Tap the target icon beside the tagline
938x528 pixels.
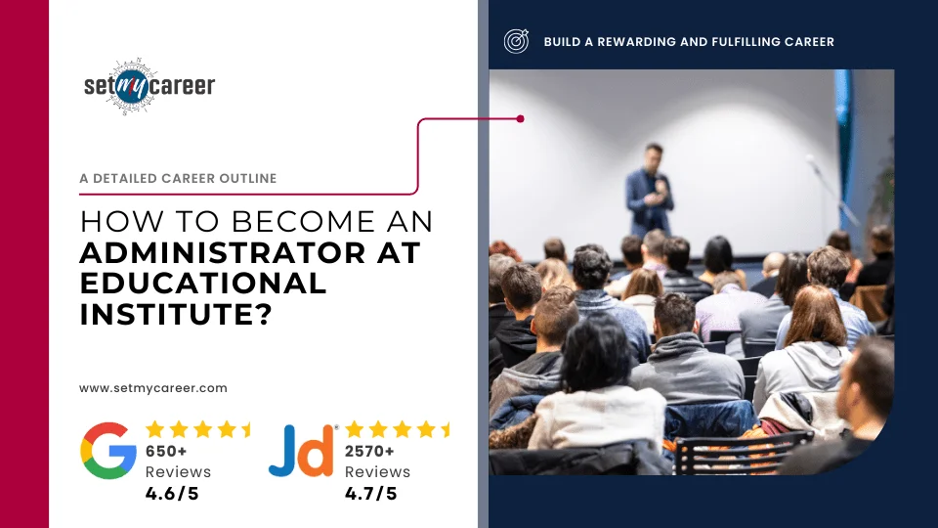(516, 41)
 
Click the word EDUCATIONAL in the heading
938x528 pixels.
(203, 284)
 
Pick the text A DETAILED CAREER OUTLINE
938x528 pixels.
(178, 179)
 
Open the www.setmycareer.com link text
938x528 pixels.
(153, 388)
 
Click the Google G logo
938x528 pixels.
(108, 451)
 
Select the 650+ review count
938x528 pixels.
(166, 452)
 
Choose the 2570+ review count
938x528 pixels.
(369, 452)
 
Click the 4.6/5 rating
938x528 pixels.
(172, 493)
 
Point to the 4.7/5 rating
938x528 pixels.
(371, 493)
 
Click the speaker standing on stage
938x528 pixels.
(650, 191)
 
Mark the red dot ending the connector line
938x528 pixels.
(521, 119)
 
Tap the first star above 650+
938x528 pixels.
(154, 429)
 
